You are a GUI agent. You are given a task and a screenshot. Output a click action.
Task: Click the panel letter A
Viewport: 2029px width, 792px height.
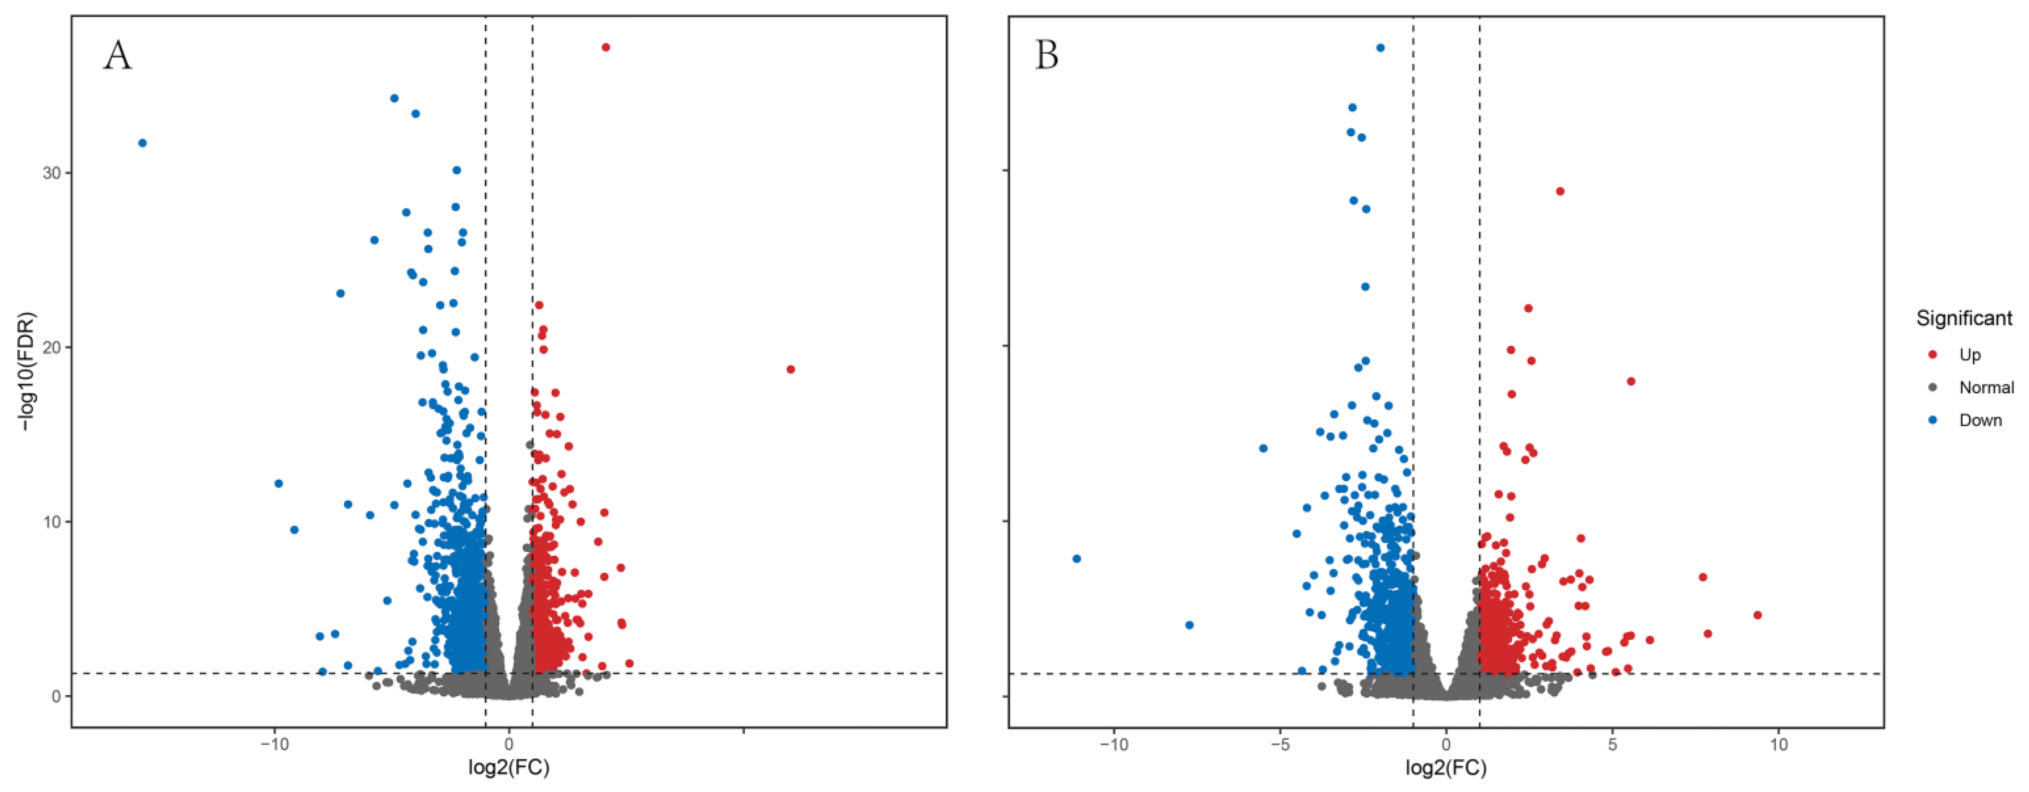coord(118,56)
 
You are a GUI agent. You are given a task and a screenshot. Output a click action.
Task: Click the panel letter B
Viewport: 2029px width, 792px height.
coord(1047,56)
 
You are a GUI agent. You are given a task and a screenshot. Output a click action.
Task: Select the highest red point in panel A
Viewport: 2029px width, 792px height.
coord(606,47)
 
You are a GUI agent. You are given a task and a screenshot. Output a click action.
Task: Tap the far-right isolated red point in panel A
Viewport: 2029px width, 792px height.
coord(791,369)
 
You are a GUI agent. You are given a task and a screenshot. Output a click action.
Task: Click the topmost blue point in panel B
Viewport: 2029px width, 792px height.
coord(1380,48)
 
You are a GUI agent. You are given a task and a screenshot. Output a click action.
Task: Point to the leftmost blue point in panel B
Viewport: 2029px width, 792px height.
coord(1077,559)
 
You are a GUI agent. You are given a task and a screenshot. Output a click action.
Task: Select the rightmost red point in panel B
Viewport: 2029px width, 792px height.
coord(1757,615)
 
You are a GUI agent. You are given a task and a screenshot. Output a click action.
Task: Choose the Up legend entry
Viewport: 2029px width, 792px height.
coord(1969,355)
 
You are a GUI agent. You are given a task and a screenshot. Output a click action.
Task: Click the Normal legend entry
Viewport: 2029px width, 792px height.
coord(1986,387)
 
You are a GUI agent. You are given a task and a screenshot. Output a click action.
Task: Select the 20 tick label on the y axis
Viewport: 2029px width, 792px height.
coord(52,347)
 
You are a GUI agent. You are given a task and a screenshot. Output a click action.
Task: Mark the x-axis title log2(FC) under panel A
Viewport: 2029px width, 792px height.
coord(509,767)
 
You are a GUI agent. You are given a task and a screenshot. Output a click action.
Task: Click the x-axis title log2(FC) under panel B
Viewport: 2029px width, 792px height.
coord(1446,767)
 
